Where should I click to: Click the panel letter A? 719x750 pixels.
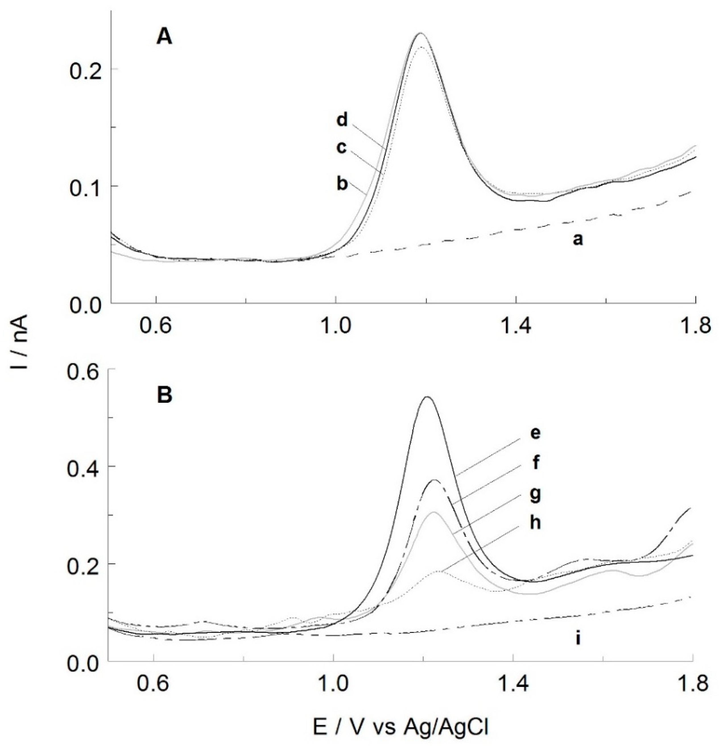(x=164, y=38)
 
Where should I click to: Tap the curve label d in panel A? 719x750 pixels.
(x=342, y=121)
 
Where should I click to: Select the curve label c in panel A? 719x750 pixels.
(x=342, y=148)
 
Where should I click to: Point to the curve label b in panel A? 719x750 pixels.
(x=342, y=184)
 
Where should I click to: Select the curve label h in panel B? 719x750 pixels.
(x=536, y=522)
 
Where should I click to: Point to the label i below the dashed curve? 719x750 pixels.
(x=578, y=638)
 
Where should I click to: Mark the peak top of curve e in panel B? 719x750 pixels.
(x=427, y=397)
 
